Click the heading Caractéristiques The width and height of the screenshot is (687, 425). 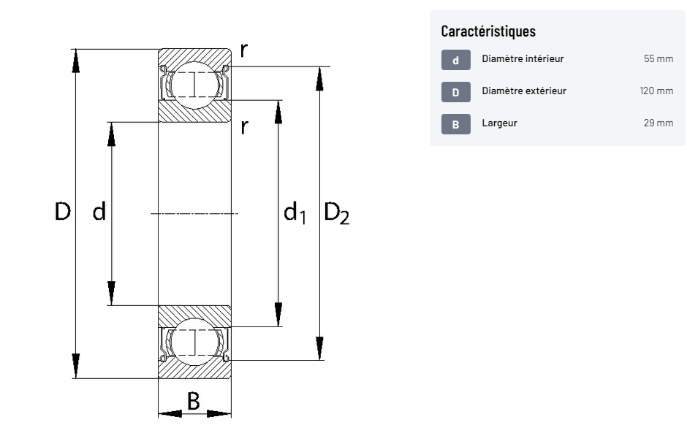488,31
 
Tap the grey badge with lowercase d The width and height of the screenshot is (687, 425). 455,60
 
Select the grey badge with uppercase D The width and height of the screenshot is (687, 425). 455,92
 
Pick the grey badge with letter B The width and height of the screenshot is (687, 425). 455,124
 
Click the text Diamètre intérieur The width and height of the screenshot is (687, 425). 523,59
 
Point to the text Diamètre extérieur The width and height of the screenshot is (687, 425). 524,91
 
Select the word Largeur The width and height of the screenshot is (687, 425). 499,123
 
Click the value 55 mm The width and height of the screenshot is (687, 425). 658,59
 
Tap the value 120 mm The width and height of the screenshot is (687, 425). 656,91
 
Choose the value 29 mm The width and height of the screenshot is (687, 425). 658,123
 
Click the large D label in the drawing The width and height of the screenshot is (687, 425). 63,212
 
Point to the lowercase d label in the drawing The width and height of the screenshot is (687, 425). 99,212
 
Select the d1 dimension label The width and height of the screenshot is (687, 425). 295,213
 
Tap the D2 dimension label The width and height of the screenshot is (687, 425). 336,213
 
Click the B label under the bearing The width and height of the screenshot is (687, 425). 193,401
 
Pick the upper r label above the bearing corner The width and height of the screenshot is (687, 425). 243,50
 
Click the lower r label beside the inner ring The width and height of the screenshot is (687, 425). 244,127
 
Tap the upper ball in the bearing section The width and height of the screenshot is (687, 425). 195,85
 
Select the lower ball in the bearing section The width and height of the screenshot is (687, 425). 195,341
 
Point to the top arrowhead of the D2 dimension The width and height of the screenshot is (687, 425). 319,77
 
